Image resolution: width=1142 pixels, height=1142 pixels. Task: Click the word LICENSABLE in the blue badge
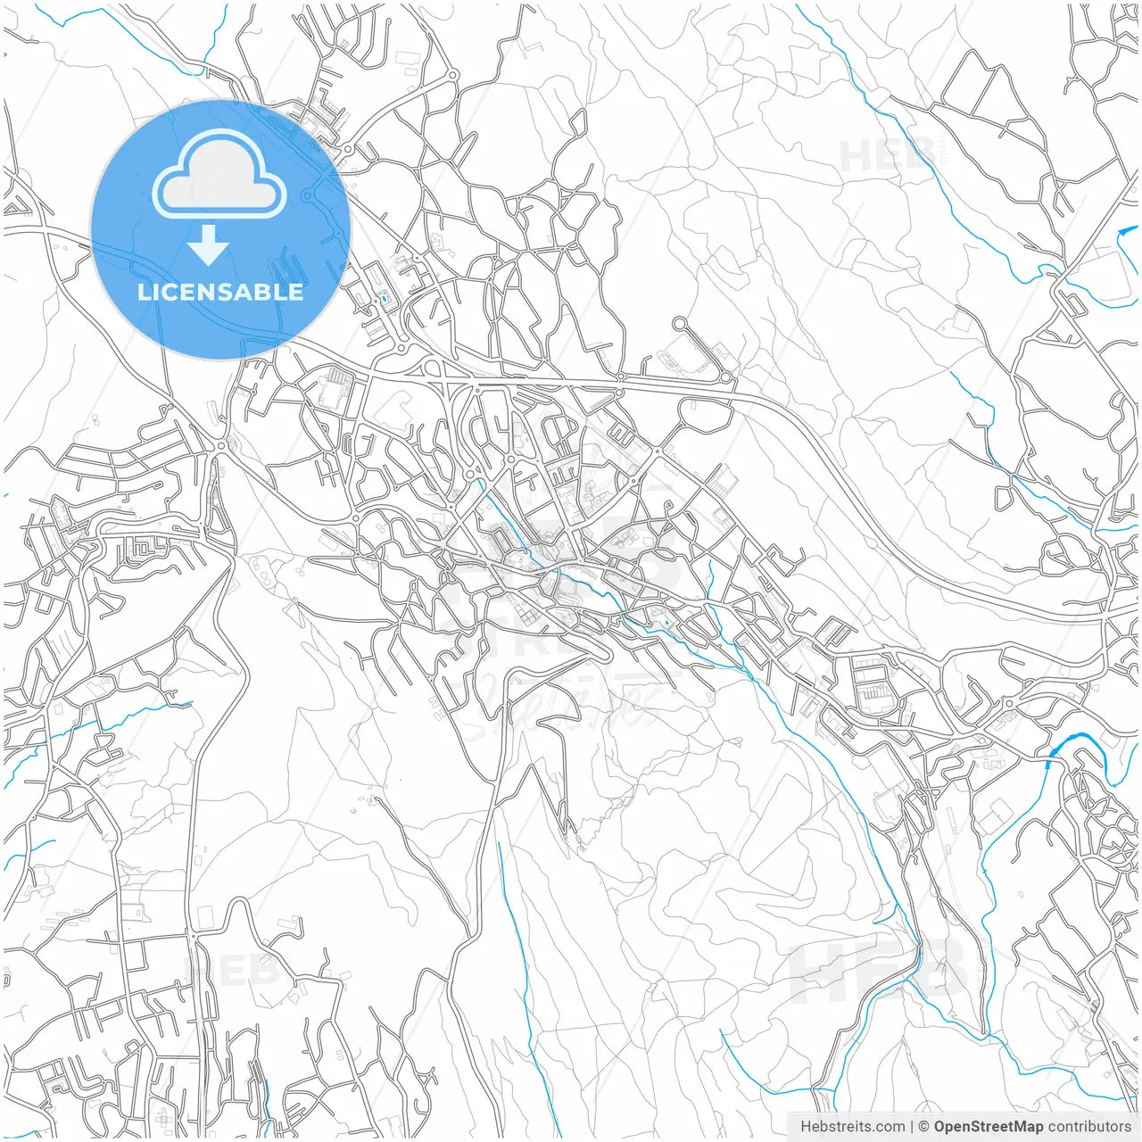pos(220,292)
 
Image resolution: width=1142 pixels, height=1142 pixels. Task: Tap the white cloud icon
pos(219,173)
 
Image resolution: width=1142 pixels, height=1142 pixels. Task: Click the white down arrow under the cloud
pos(209,245)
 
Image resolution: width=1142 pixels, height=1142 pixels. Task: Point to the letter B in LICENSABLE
pos(264,292)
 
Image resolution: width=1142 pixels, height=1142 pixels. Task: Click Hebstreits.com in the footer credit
pos(852,1127)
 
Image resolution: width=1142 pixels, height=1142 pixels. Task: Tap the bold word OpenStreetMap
pos(988,1127)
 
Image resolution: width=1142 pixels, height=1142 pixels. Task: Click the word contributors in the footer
pos(1089,1127)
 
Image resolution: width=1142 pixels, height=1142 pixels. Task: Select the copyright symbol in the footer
pos(924,1127)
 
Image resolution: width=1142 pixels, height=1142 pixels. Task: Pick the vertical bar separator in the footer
pos(912,1127)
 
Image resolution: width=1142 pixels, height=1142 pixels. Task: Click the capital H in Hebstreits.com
pos(806,1127)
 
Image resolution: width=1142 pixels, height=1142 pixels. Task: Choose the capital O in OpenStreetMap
pos(940,1127)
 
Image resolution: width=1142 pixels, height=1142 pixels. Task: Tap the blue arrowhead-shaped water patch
pos(1124,233)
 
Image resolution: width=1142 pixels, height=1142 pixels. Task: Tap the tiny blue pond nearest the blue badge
pos(384,299)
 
